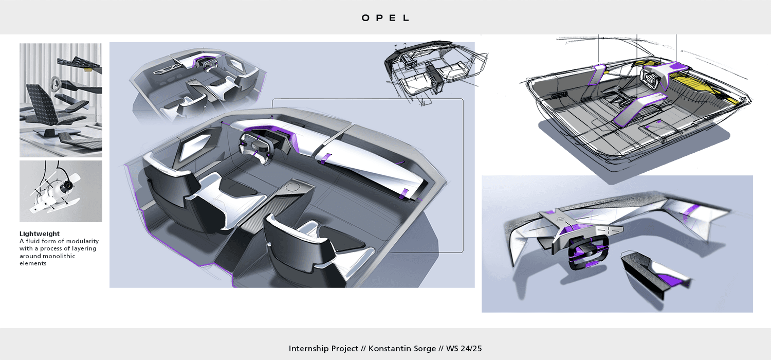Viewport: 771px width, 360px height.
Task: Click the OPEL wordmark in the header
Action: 385,17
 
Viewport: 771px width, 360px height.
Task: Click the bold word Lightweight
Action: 40,234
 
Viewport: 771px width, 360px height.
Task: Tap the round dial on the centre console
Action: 294,187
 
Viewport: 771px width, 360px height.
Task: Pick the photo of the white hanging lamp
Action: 61,191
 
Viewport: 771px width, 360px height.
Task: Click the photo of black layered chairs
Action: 61,100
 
